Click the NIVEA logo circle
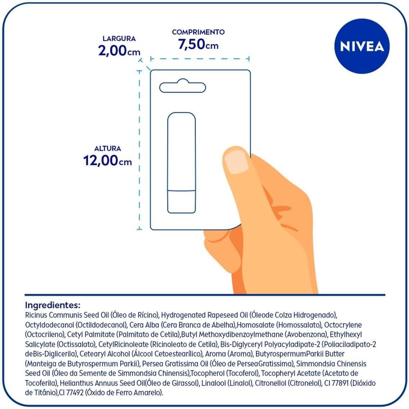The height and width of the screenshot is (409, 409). pos(362,46)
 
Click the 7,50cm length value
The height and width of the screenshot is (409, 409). pos(198,44)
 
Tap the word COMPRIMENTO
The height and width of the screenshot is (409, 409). pos(198,32)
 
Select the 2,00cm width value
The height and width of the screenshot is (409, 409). pos(119,51)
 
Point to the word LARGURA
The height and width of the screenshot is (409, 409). pos(119,38)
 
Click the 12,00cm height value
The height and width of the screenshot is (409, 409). pos(107,160)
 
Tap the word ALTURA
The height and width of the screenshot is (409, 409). pos(107,148)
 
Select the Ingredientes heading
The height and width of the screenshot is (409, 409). pos(52,305)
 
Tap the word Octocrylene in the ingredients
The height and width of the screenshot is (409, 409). pos(343,325)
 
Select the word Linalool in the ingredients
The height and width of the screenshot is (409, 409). pos(213,383)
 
